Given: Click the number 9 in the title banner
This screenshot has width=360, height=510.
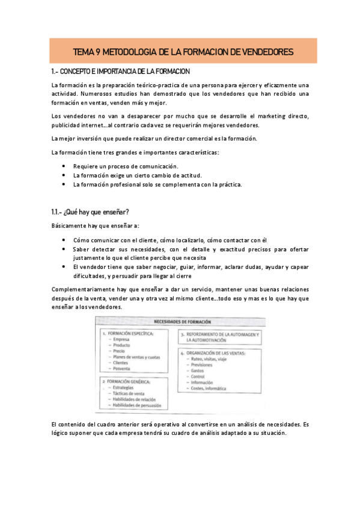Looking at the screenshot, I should (97, 52).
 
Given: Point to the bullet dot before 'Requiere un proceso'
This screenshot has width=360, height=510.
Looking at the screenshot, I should (65, 166).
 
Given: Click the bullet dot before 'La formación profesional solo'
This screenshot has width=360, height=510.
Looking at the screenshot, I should (65, 185).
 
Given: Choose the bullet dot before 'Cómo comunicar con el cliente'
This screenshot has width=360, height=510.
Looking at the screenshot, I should (65, 239).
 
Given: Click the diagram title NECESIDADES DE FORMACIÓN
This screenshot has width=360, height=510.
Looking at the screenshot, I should (180, 321).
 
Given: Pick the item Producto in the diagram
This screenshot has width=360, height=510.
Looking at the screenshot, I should (122, 345).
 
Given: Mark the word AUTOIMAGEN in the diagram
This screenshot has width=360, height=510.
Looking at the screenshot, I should (239, 334).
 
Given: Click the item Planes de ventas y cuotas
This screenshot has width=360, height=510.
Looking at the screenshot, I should (136, 357).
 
